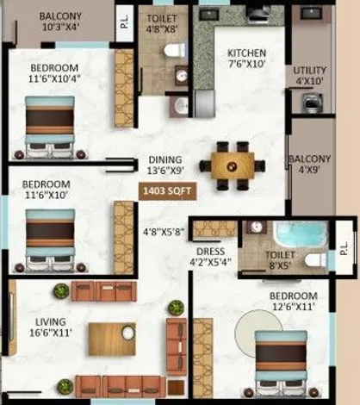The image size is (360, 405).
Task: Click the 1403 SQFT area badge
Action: coord(168,191)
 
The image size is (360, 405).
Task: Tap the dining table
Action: coord(233,166)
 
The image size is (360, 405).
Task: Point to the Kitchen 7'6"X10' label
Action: coord(246,59)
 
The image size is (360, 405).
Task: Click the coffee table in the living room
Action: coord(112,339)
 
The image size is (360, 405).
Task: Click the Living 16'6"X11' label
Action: coord(51,327)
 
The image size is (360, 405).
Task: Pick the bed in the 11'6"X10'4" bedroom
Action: coord(50,128)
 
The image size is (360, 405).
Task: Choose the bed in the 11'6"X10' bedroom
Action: coord(50,240)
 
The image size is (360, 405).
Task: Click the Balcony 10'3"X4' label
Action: coord(60,22)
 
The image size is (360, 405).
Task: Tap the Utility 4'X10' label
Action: coord(309,76)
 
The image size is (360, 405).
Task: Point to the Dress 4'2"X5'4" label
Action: coord(211,257)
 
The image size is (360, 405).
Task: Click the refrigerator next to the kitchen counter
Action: coord(204,103)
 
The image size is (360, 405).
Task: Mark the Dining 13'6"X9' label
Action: coord(165,165)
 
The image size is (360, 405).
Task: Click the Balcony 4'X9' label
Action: coord(309,165)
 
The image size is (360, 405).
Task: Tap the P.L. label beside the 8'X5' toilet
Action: coord(344,248)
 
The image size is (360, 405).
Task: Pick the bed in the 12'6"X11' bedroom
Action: coord(281,362)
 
